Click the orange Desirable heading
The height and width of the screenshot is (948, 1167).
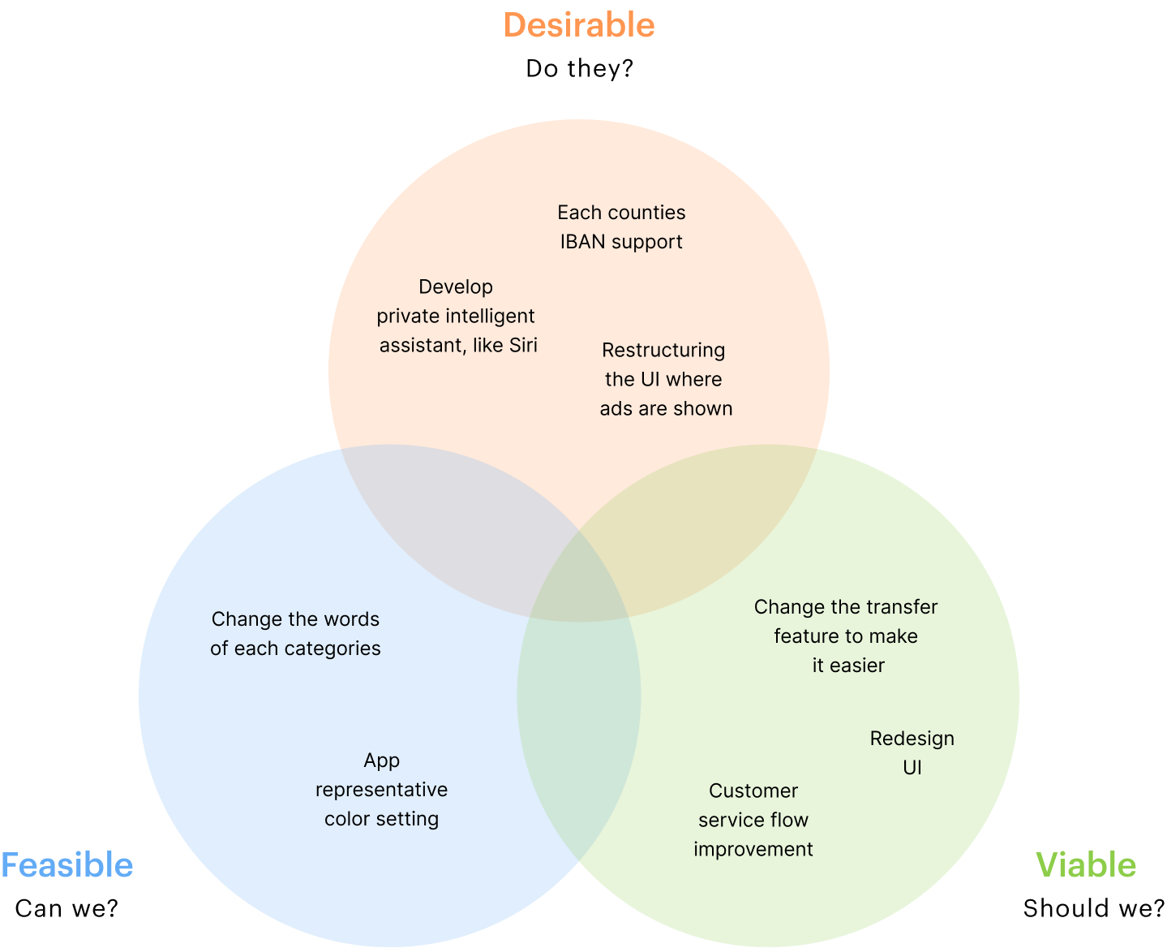tap(579, 25)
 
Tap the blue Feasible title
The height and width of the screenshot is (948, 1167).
tap(67, 865)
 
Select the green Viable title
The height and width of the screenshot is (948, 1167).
tap(1086, 865)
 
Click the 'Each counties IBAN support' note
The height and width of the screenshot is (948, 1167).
tap(621, 227)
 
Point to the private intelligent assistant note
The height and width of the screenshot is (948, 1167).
tap(457, 317)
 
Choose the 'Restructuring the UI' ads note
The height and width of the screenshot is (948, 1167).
tap(665, 380)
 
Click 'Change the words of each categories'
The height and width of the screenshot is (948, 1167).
tap(295, 634)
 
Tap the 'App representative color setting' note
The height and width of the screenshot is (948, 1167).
tap(381, 790)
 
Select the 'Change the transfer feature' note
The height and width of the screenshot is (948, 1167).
tap(846, 636)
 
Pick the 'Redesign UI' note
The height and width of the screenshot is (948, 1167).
tap(912, 753)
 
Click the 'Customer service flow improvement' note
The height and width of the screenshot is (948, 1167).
tap(753, 821)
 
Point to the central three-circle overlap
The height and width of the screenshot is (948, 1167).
tap(579, 584)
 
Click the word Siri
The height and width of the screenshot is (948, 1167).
tap(523, 346)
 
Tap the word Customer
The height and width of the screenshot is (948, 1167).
tap(753, 791)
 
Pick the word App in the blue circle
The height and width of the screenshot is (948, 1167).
tap(381, 761)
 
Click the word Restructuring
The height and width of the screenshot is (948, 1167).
tap(663, 351)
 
